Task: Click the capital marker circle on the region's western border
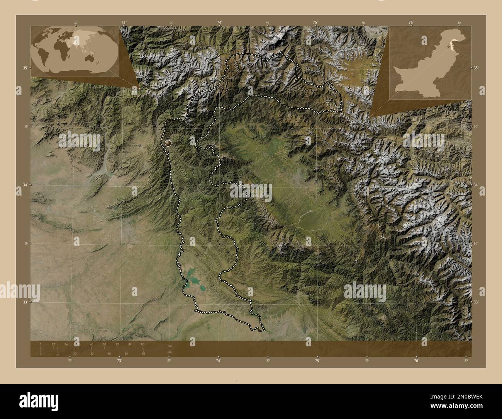168,143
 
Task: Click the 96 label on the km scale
142,344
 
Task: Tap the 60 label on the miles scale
143,354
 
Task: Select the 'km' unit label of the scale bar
170,346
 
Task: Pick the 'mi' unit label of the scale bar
170,352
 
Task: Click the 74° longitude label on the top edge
219,23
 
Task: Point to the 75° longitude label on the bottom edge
317,361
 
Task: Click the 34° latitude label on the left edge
25,185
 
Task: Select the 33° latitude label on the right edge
477,302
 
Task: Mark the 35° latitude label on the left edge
25,68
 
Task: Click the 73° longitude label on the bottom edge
119,361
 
